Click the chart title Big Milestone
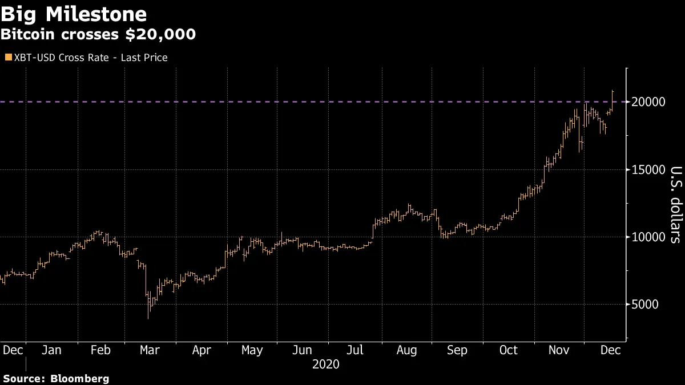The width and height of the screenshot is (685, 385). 74,14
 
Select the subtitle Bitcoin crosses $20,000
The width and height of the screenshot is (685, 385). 98,35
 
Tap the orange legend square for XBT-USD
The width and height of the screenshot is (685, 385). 7,57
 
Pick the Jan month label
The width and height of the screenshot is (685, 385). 51,350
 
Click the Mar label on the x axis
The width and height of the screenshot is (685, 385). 151,350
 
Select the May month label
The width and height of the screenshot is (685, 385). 252,350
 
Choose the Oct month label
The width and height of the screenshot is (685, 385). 508,350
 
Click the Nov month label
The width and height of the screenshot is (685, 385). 559,350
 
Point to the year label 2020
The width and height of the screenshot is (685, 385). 325,364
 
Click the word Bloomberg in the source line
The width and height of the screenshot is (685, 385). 79,378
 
